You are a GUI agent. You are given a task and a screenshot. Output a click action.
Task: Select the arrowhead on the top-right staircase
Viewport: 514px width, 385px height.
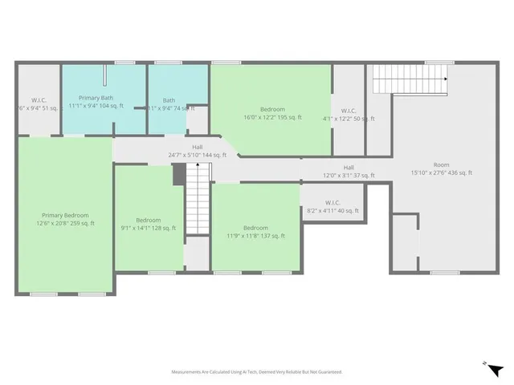tap(443, 79)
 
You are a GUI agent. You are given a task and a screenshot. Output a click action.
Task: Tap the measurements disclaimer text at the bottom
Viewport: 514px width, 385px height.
tap(256, 372)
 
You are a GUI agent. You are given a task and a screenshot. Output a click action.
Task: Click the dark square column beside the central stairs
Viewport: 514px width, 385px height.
tap(179, 175)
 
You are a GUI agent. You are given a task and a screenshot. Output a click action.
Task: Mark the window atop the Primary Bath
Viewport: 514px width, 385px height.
tap(124, 63)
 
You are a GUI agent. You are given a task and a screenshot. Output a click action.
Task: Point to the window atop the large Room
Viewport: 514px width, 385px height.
tap(439, 63)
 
